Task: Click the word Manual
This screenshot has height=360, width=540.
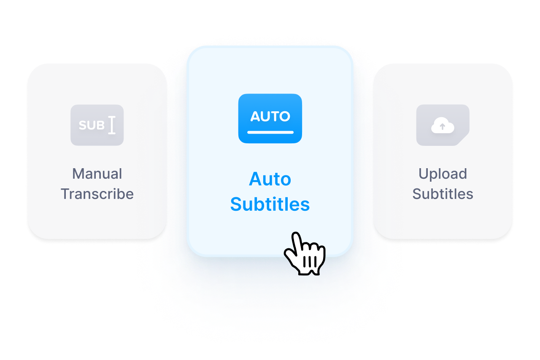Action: point(97,174)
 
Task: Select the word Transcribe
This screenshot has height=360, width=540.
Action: point(97,194)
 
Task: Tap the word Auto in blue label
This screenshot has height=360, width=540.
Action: point(270,179)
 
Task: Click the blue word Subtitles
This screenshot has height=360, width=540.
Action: point(270,204)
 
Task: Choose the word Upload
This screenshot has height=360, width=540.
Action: point(443,174)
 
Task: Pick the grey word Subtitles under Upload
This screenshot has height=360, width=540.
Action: point(443,194)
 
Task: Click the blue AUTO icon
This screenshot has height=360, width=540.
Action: point(270,118)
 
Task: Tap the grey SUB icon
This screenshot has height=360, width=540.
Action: point(97,125)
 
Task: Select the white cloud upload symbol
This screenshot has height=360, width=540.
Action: point(443,125)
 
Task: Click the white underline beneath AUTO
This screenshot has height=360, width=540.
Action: point(270,132)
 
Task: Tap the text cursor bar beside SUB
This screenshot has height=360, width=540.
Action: point(112,125)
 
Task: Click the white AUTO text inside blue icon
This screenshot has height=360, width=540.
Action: point(270,116)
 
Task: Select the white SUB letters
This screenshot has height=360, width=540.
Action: point(92,125)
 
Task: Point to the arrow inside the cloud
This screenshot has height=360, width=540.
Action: point(443,126)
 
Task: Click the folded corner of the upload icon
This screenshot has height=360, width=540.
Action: point(463,139)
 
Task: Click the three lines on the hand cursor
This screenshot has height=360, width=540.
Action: point(310,262)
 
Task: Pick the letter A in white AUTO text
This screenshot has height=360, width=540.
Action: point(255,117)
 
